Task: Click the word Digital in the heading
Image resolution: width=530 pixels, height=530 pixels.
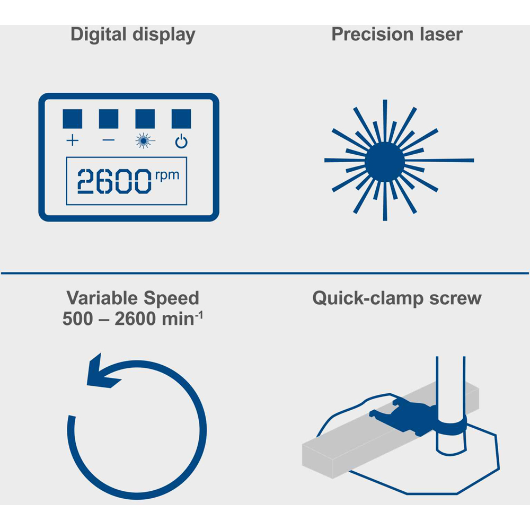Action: click(99, 35)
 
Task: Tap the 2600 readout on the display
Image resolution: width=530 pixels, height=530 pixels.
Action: click(114, 181)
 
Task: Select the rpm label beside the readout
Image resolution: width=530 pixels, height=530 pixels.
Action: click(167, 175)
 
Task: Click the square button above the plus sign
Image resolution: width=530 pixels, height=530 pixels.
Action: click(72, 119)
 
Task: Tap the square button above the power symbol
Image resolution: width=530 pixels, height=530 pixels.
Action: click(181, 119)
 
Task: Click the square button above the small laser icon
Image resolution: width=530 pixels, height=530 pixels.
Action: click(145, 119)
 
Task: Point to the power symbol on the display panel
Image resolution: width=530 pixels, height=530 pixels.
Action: click(181, 142)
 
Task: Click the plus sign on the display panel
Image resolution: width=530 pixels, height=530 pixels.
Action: click(72, 140)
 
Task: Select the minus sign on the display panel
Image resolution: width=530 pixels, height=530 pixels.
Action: click(109, 140)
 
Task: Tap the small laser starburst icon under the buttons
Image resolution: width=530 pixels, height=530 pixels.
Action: click(145, 140)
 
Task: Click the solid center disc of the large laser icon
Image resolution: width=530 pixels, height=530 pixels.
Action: click(385, 161)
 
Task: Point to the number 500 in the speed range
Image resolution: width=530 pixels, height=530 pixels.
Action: click(78, 319)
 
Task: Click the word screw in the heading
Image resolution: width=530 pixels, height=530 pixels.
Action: click(455, 299)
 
